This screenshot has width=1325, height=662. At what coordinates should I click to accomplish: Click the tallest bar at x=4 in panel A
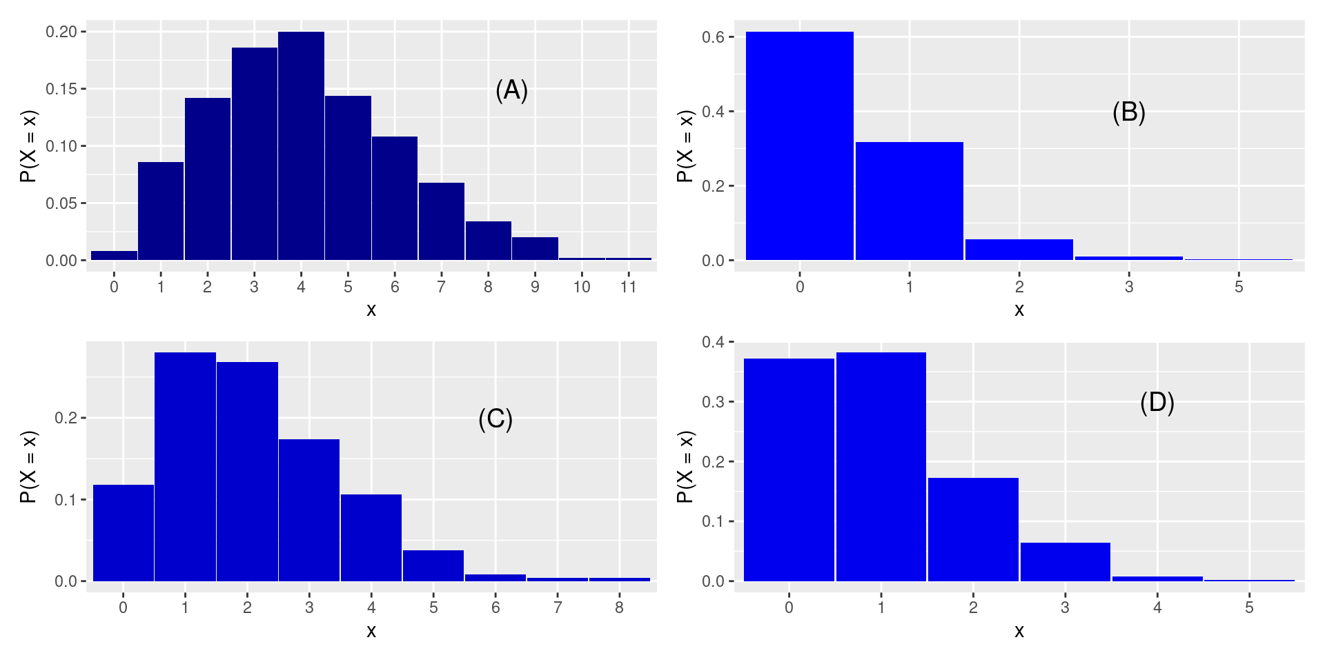click(x=301, y=146)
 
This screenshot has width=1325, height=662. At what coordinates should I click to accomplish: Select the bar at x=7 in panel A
click(x=442, y=221)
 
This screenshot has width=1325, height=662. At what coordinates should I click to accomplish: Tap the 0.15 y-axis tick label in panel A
click(x=61, y=89)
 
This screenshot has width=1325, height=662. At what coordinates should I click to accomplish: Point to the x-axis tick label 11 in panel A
click(x=628, y=287)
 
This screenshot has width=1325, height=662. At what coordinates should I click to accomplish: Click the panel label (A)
click(x=511, y=90)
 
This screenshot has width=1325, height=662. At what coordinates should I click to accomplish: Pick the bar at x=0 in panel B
click(x=800, y=146)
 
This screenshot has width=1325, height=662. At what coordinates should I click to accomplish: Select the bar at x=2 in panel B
click(x=1019, y=250)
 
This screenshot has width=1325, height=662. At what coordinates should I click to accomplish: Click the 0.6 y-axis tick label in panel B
click(x=713, y=37)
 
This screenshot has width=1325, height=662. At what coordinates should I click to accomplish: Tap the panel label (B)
click(x=1129, y=112)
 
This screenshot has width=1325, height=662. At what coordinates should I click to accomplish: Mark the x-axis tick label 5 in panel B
click(x=1239, y=287)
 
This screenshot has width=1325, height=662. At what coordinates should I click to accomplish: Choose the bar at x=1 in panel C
click(x=185, y=467)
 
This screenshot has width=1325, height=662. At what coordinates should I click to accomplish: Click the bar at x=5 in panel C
click(x=433, y=565)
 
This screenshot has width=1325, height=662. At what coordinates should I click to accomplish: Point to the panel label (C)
click(x=495, y=419)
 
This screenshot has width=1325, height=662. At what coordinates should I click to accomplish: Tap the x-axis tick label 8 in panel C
click(x=619, y=608)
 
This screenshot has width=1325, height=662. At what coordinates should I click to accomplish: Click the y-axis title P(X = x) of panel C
click(x=28, y=467)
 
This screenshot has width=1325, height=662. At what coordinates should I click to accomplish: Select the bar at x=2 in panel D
click(x=973, y=530)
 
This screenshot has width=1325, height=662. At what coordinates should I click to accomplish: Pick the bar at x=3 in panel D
click(x=1066, y=562)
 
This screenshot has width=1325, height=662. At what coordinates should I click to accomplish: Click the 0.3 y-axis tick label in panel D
click(x=713, y=402)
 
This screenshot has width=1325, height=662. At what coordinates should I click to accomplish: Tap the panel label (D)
click(x=1157, y=402)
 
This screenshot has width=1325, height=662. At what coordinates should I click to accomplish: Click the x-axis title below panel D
click(x=1019, y=631)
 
